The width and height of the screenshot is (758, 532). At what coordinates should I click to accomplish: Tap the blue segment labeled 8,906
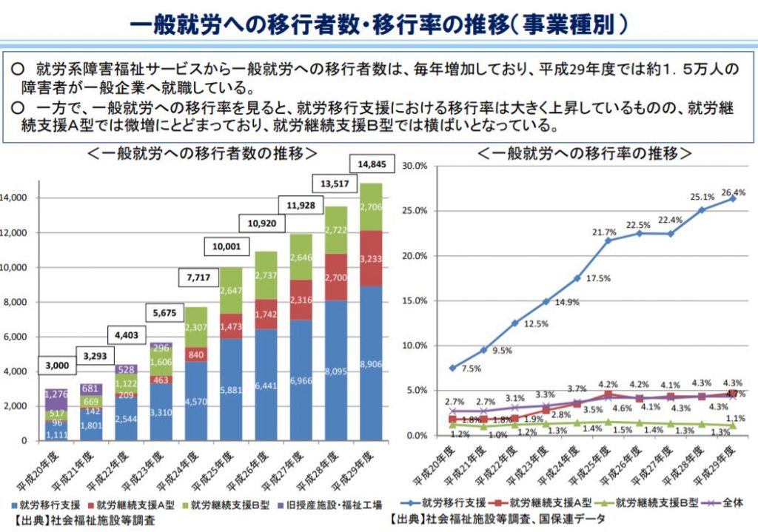pyautogui.click(x=372, y=364)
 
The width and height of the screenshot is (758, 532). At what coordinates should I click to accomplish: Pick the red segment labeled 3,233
pyautogui.click(x=372, y=258)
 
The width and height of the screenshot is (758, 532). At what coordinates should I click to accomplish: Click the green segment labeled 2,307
pyautogui.click(x=196, y=327)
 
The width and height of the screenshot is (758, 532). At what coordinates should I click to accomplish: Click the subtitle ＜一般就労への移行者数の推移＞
pyautogui.click(x=202, y=154)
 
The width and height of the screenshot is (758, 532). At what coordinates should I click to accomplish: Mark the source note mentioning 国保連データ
pyautogui.click(x=504, y=519)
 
